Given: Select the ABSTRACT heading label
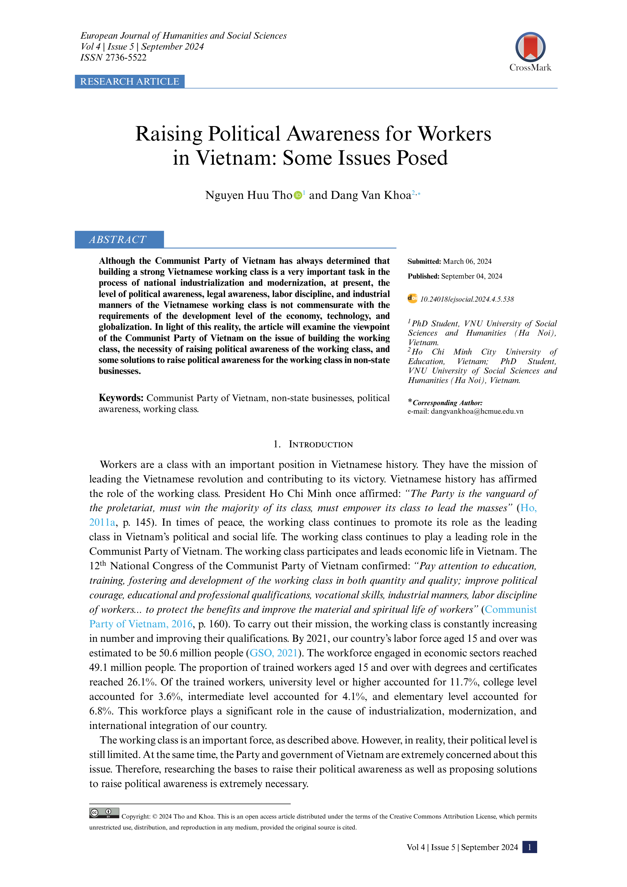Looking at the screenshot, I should click(x=118, y=239).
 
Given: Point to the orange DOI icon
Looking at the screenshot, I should click(x=412, y=298).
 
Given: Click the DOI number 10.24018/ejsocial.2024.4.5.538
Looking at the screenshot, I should click(x=467, y=299).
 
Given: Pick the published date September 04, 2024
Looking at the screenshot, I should click(x=471, y=276).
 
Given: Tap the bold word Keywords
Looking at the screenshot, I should click(x=121, y=398).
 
